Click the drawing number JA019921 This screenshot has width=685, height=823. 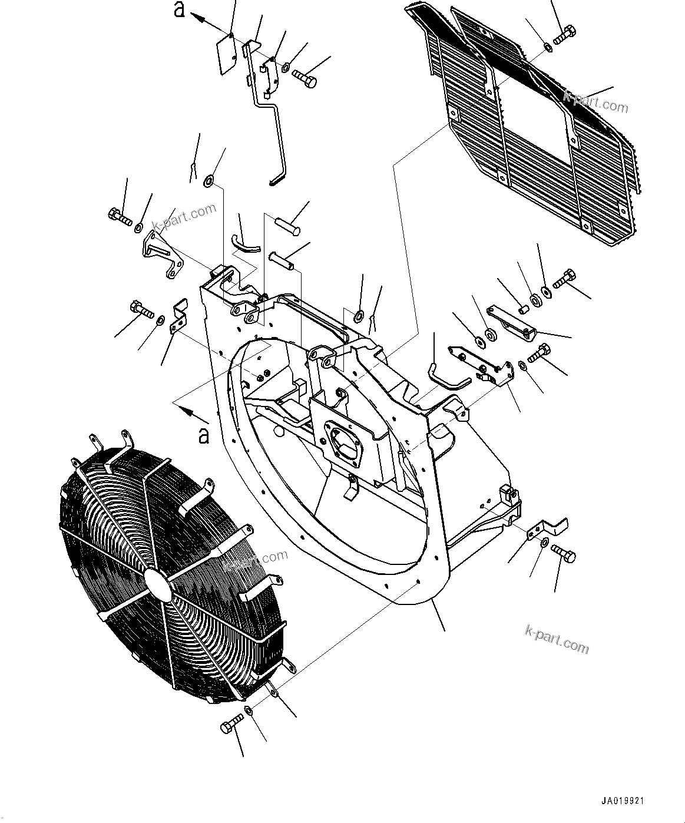[x=623, y=802]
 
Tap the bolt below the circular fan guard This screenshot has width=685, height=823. [x=232, y=723]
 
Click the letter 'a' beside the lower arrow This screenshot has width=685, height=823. [x=203, y=436]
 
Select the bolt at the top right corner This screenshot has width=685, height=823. [x=565, y=34]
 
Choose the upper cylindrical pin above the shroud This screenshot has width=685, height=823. [x=287, y=224]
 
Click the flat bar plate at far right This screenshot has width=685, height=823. [x=511, y=321]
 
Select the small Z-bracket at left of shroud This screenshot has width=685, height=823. [x=178, y=316]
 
